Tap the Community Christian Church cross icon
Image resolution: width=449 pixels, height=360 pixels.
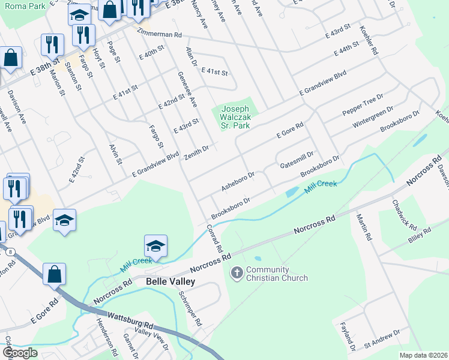point(237,274)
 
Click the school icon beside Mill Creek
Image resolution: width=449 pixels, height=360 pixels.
point(155,246)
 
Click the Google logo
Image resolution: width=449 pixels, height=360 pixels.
point(20,353)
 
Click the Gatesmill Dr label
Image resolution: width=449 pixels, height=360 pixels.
point(297,160)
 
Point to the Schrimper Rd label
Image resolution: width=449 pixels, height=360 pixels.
point(196,310)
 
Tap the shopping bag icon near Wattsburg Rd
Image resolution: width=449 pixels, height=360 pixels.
point(54,274)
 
